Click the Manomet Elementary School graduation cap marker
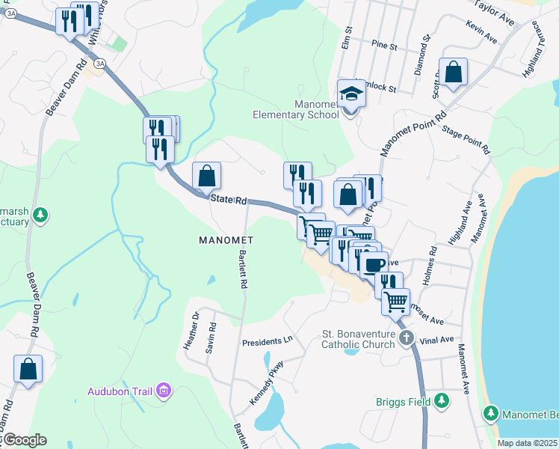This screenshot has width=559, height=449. pyautogui.click(x=350, y=94)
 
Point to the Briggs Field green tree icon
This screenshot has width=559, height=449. pyautogui.click(x=442, y=401)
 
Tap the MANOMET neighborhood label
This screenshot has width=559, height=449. pyautogui.click(x=227, y=240)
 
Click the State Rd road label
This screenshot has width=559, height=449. pyautogui.click(x=228, y=200)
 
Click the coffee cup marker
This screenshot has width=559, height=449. pyautogui.click(x=375, y=263)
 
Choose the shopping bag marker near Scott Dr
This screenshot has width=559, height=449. pyautogui.click(x=454, y=73)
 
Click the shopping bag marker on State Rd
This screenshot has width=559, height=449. pyautogui.click(x=207, y=177)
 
